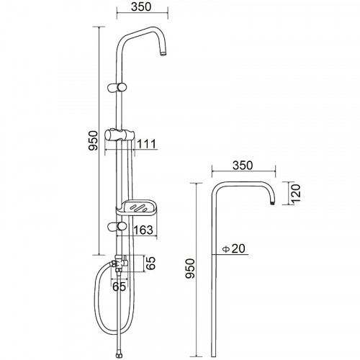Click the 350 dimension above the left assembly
141,6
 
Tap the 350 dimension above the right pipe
243,166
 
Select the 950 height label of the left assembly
93,140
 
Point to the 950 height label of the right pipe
189,269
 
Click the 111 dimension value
146,144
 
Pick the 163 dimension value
143,230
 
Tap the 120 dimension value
296,194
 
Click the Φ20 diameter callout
233,248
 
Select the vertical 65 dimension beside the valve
150,264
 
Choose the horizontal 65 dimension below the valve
119,286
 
